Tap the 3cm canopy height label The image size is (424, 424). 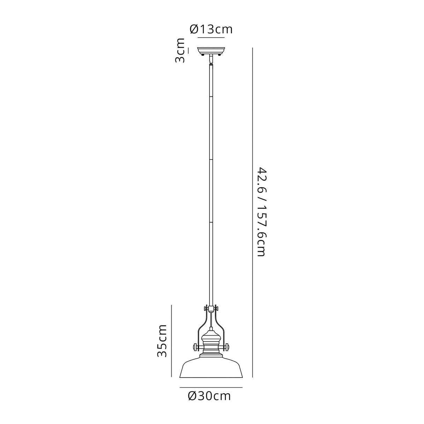pos(180,51)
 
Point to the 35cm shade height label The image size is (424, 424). pos(162,341)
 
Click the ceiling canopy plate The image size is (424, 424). pos(211,50)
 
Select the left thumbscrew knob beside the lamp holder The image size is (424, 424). pos(195,347)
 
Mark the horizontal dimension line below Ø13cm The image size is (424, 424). pos(211,37)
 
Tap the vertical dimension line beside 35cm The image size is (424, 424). pos(171,341)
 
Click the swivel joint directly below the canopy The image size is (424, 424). pos(211,60)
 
